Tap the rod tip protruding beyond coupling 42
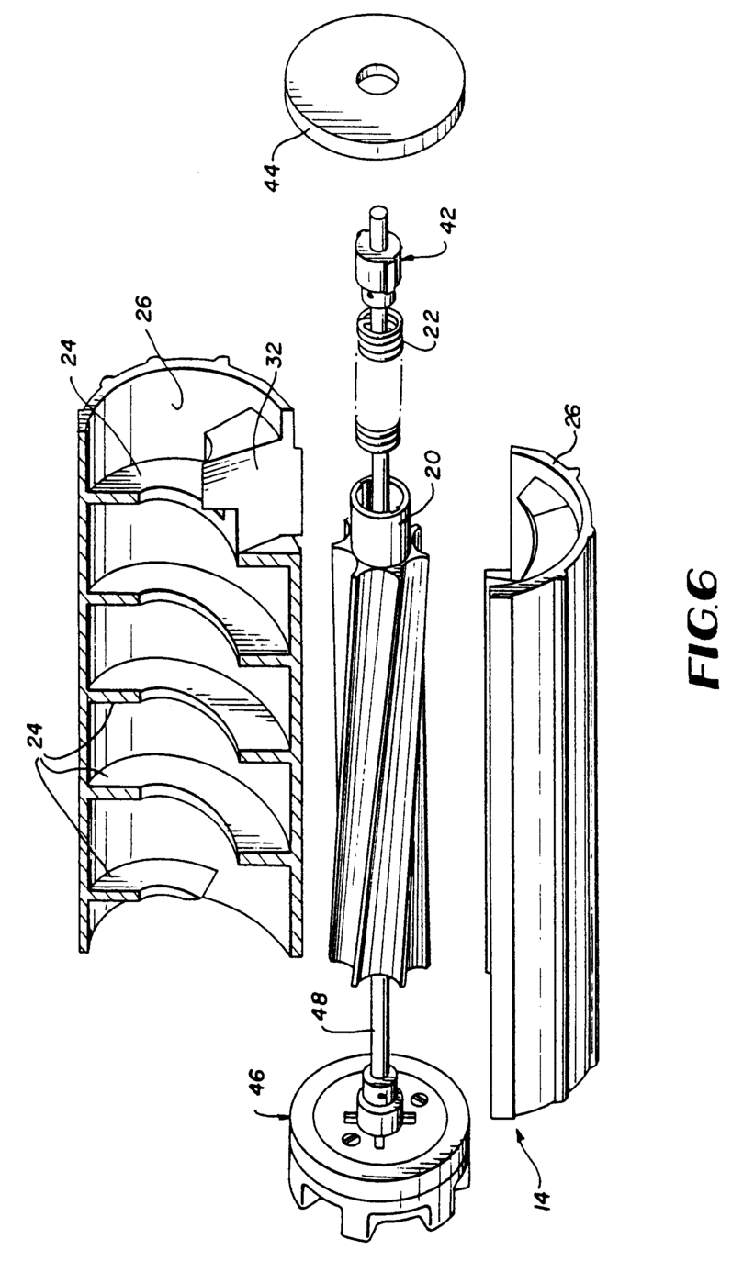377,218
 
